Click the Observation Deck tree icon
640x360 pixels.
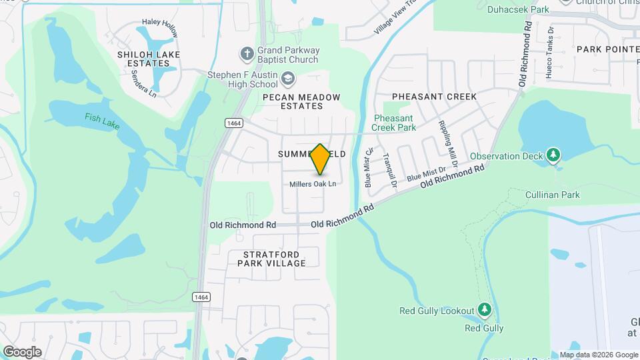[552, 155]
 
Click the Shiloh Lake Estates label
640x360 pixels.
[143, 59]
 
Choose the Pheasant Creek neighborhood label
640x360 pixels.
[434, 97]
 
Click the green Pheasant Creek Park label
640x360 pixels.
[395, 123]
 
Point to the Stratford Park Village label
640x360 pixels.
[274, 259]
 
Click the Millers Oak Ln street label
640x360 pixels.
[312, 183]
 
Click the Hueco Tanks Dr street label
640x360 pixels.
[549, 53]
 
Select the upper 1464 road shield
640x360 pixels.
[233, 123]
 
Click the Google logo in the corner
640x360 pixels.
[21, 351]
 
